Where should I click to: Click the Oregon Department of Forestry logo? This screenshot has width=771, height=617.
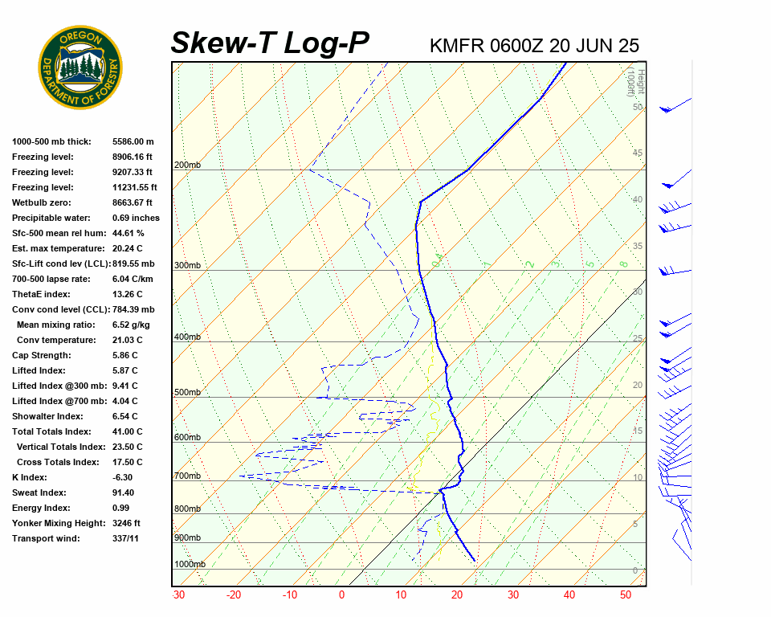(80, 67)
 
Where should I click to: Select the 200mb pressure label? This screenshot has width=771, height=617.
(187, 165)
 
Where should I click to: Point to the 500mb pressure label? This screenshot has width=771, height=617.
(187, 393)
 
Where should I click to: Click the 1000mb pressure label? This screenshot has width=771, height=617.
(190, 564)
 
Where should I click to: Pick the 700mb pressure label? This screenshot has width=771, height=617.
(187, 476)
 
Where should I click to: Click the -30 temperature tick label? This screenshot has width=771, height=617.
(178, 595)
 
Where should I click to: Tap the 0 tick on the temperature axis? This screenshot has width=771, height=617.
(341, 595)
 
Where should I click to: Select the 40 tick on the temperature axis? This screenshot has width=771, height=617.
(569, 595)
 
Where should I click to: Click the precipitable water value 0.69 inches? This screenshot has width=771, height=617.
(136, 218)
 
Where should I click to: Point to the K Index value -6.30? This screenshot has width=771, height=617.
(122, 477)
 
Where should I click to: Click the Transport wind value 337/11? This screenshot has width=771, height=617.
(125, 538)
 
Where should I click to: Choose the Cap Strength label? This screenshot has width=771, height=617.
(42, 355)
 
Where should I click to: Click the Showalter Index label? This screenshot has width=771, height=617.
(47, 416)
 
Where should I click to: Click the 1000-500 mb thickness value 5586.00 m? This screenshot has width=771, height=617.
(133, 141)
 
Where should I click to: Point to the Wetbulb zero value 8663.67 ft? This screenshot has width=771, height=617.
(132, 202)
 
